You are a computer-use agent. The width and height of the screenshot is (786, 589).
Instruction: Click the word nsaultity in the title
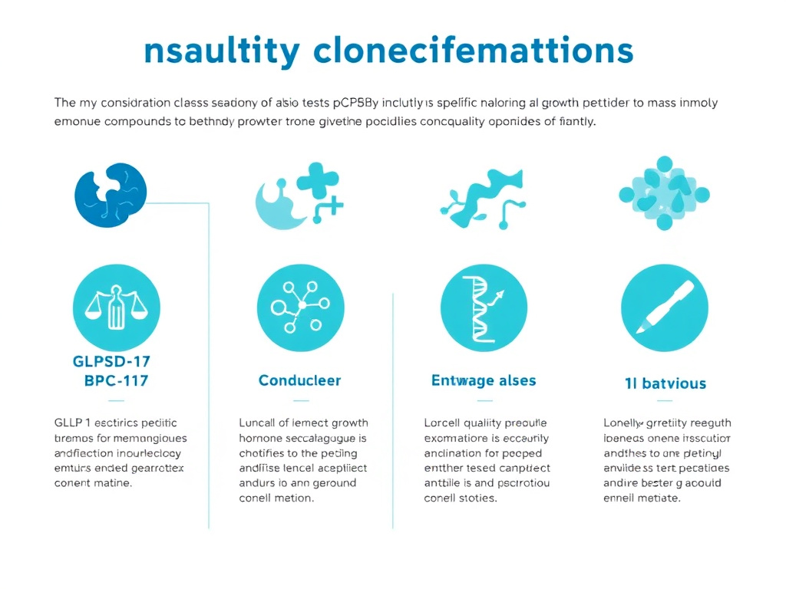[x=221, y=51]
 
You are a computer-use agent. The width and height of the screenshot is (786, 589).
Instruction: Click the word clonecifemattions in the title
[x=474, y=51]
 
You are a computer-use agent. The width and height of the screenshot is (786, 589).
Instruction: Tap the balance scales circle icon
[x=117, y=308]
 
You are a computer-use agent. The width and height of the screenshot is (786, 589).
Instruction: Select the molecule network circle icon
[x=300, y=308]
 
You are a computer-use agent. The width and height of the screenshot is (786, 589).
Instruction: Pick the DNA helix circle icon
[x=484, y=308]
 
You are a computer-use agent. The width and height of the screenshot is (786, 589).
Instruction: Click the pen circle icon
[x=665, y=308]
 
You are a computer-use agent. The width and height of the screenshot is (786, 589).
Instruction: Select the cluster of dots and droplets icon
[x=664, y=194]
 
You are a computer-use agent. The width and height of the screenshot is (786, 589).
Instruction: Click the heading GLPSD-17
[x=112, y=362]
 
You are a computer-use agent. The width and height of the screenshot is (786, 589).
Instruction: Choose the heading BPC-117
[x=117, y=381]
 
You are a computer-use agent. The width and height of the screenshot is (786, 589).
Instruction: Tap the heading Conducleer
[x=300, y=380]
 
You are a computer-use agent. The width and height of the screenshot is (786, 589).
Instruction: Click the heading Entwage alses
[x=484, y=380]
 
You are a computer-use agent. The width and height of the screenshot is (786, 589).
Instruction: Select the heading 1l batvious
[x=665, y=383]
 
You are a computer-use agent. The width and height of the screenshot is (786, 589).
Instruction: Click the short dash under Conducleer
[x=302, y=400]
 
